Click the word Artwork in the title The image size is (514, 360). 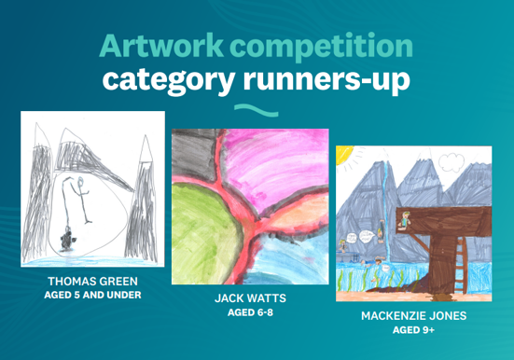pyautogui.click(x=161, y=46)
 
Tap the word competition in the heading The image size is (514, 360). pyautogui.click(x=321, y=47)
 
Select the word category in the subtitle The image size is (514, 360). pyautogui.click(x=169, y=80)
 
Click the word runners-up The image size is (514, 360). pyautogui.click(x=326, y=80)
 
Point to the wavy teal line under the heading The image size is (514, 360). pyautogui.click(x=257, y=110)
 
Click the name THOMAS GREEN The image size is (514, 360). pyautogui.click(x=92, y=282)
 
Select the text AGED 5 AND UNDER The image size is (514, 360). pyautogui.click(x=92, y=295)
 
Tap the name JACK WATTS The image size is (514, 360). pyautogui.click(x=250, y=298)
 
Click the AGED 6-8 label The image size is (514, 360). pyautogui.click(x=250, y=312)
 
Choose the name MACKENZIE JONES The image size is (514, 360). pyautogui.click(x=413, y=316)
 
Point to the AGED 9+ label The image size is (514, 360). pyautogui.click(x=413, y=330)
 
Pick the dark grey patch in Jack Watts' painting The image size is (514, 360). pyautogui.click(x=194, y=155)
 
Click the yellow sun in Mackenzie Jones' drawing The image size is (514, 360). pyautogui.click(x=343, y=153)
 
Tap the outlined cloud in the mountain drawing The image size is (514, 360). pyautogui.click(x=451, y=163)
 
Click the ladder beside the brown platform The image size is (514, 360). pyautogui.click(x=460, y=266)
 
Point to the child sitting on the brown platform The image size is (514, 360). pyautogui.click(x=405, y=219)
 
